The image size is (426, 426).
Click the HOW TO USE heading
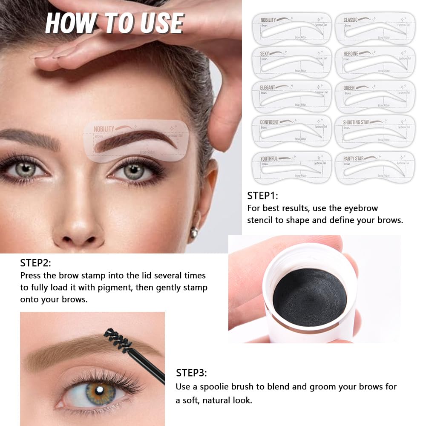point(115,23)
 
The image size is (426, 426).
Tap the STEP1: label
point(262,196)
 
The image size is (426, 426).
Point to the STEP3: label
point(191,373)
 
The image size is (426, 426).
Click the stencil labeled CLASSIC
point(375,29)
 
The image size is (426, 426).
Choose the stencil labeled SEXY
point(291,63)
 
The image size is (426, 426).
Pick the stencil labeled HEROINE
point(375,63)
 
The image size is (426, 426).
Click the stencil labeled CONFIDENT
point(291,131)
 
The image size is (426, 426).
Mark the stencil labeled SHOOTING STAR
point(375,131)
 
